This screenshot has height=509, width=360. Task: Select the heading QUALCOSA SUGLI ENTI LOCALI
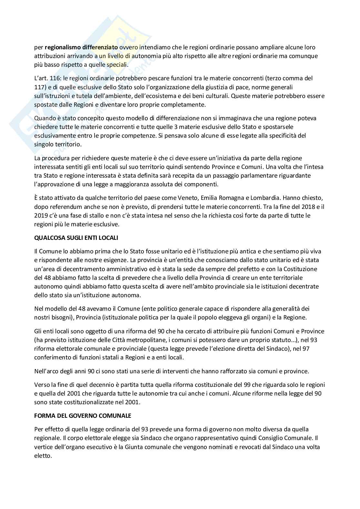click(x=76, y=238)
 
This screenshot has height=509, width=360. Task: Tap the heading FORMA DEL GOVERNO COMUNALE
click(x=83, y=416)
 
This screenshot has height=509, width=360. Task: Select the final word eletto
click(x=43, y=456)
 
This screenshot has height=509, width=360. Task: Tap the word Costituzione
click(x=300, y=269)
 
